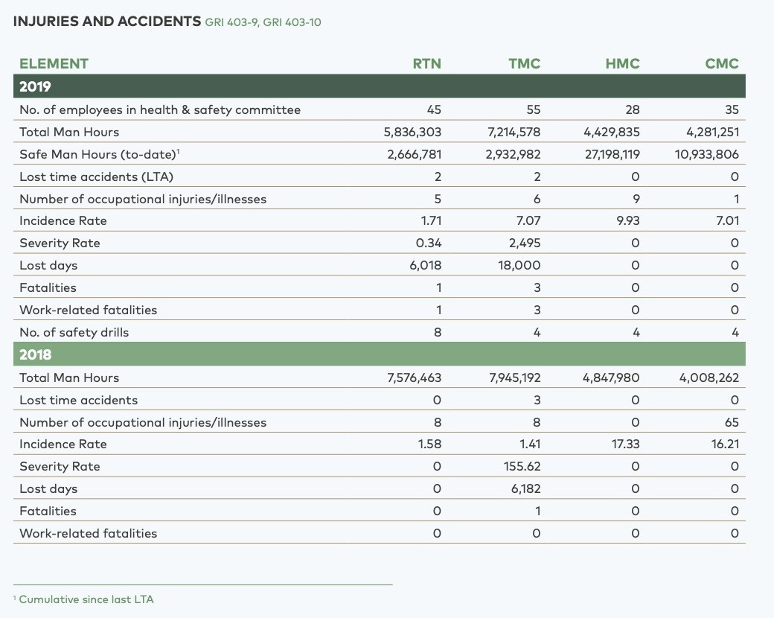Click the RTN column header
(427, 64)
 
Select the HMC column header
(622, 64)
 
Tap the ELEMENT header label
(54, 64)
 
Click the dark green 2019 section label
(35, 86)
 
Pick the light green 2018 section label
(35, 354)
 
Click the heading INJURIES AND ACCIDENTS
(107, 22)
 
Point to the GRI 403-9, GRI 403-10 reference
(263, 22)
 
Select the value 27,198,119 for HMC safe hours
(612, 155)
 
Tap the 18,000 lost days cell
(519, 265)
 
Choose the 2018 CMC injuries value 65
(732, 422)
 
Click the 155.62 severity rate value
(522, 466)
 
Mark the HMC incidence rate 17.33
(625, 444)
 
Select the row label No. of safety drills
(74, 333)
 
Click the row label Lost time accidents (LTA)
(96, 177)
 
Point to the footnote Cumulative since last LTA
(86, 599)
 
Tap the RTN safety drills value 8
(438, 333)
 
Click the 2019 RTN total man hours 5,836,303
(412, 133)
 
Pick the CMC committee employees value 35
(732, 109)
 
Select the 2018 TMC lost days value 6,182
(525, 488)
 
